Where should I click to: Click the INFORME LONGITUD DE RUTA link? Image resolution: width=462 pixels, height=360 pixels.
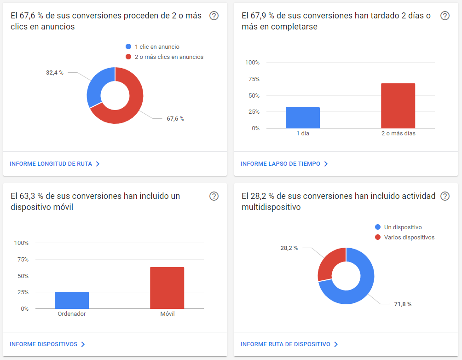(55, 163)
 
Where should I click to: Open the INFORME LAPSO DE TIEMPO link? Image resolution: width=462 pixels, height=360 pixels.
(284, 163)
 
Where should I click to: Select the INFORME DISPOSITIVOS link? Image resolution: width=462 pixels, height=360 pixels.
(47, 344)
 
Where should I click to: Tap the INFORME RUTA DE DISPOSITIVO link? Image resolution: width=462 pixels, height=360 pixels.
(289, 344)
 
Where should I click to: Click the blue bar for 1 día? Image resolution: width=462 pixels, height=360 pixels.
(303, 118)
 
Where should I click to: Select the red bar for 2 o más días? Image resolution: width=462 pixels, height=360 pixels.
(398, 106)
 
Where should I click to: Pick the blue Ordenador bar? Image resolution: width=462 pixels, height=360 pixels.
(72, 300)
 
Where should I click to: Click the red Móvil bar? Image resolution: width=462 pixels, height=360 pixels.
(167, 288)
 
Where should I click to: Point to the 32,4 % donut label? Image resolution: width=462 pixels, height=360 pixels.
(54, 73)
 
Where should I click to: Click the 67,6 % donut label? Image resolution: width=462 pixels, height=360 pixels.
(175, 118)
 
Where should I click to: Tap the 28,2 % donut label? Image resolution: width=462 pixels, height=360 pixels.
(289, 248)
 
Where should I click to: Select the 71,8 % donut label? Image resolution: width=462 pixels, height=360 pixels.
(403, 304)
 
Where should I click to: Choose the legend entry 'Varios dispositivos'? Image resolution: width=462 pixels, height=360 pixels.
(404, 238)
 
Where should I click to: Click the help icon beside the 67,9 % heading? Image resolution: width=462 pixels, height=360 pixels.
(445, 16)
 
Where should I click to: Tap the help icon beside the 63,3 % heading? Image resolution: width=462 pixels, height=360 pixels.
(214, 196)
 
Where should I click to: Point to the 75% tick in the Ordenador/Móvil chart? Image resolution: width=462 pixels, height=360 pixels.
(23, 260)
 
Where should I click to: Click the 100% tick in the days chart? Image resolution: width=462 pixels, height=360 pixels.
(252, 63)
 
